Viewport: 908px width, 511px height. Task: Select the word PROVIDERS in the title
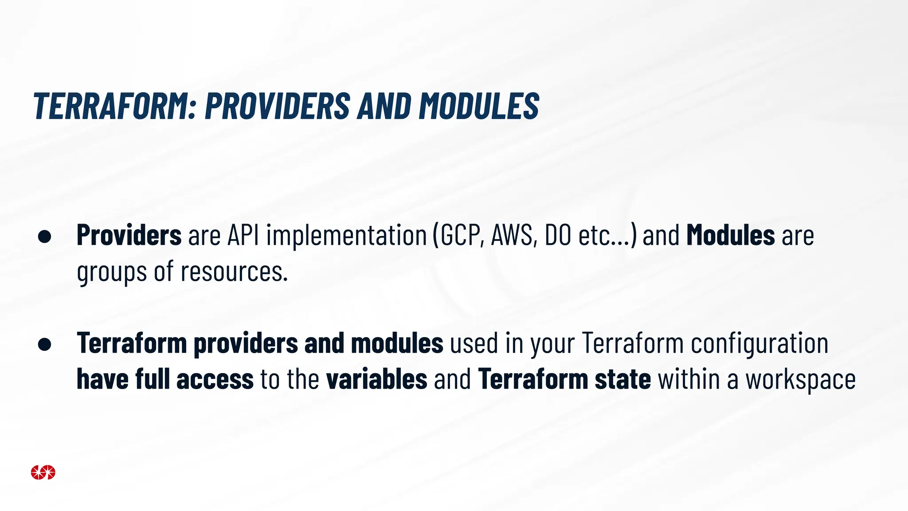(278, 106)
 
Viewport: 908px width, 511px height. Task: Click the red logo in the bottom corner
(43, 472)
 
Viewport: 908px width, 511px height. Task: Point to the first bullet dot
(45, 236)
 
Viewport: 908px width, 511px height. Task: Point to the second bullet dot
(45, 344)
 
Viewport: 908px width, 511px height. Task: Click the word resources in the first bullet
(234, 271)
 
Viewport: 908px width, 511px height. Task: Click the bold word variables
(376, 380)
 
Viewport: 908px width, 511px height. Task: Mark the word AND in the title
(384, 106)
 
